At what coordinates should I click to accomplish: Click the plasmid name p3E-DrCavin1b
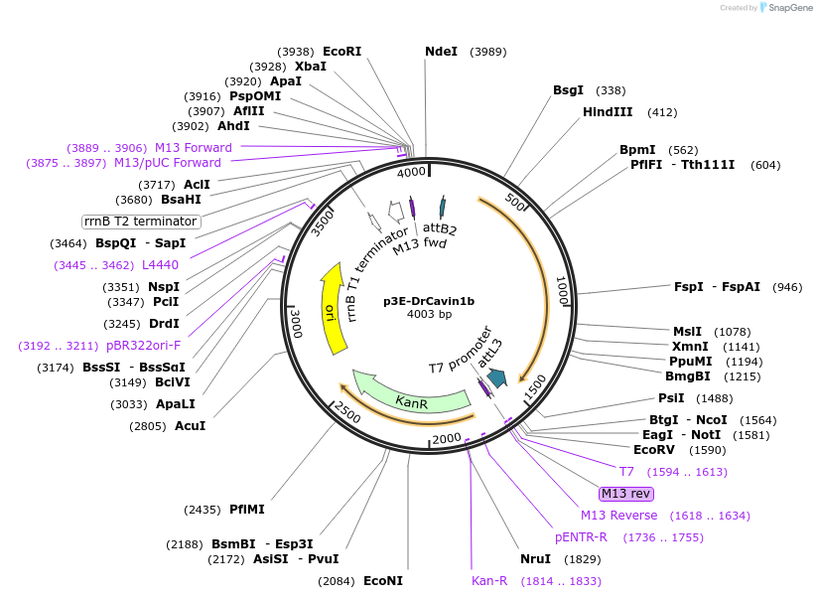tap(429, 300)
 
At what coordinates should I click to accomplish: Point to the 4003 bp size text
tap(429, 314)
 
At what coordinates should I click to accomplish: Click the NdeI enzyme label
tap(441, 51)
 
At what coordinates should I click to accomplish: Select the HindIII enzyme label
tap(608, 112)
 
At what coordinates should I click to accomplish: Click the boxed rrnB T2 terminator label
tap(140, 221)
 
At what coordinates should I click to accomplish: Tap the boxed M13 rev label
tap(625, 493)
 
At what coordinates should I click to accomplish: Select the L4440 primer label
tap(160, 265)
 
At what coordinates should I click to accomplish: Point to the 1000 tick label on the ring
tap(561, 290)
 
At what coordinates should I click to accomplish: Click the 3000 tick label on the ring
tap(296, 321)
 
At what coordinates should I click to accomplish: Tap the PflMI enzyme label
tap(247, 510)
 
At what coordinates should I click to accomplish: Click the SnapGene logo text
tap(788, 8)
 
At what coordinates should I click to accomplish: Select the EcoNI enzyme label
tap(382, 580)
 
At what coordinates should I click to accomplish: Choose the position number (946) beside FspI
tap(787, 287)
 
